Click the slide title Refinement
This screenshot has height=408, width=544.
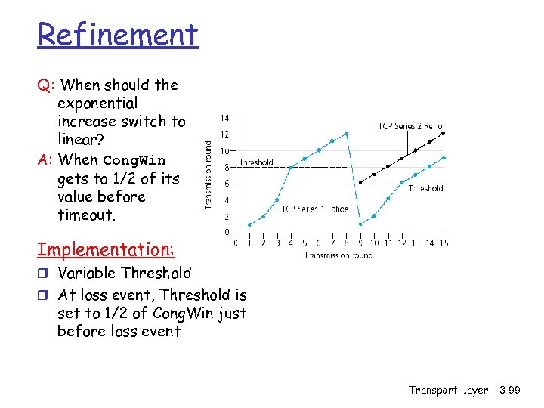click(118, 35)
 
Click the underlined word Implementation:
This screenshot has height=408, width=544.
click(107, 249)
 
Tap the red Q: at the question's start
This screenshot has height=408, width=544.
click(46, 85)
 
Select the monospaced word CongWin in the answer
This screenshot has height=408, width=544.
click(134, 160)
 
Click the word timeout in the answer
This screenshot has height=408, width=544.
click(85, 215)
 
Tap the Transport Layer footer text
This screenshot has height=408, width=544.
click(448, 390)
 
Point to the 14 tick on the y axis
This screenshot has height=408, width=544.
click(225, 118)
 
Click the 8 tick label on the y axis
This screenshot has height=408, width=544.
click(227, 167)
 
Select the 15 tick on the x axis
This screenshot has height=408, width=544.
click(444, 243)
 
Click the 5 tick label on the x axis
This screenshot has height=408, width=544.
click(304, 243)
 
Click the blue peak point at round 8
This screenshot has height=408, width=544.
click(346, 134)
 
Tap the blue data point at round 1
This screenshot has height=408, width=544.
click(250, 224)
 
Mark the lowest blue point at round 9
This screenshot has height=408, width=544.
click(360, 224)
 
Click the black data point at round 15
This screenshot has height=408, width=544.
click(444, 133)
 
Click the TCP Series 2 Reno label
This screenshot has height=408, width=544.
click(410, 126)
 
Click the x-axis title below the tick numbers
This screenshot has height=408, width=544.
click(338, 255)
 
